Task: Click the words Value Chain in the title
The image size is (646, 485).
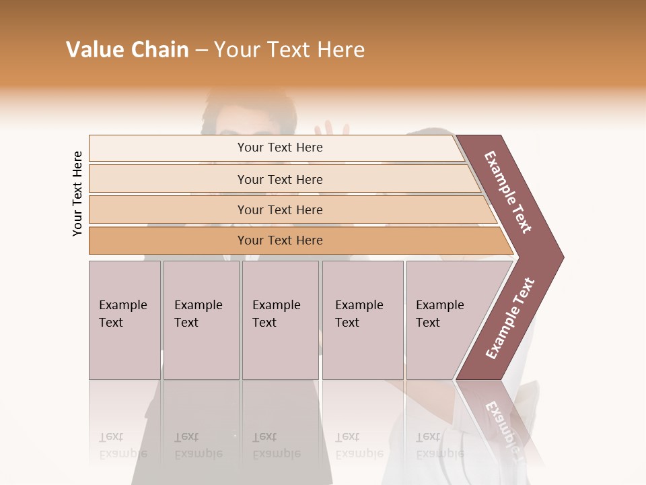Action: coord(127,50)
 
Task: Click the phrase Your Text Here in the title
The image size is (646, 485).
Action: coord(289,50)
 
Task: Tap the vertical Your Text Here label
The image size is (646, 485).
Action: coord(77,194)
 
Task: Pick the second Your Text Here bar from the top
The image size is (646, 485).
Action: coord(280,179)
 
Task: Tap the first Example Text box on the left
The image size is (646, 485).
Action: coord(124,320)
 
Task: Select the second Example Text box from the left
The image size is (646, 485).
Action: coord(201,320)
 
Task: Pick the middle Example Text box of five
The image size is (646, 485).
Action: coord(280,320)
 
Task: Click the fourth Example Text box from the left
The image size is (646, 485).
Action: coord(363,320)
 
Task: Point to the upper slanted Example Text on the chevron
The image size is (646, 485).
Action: coord(509,192)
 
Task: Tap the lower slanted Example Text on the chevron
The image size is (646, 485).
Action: coord(510,318)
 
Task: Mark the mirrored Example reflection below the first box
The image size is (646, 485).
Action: coord(123,453)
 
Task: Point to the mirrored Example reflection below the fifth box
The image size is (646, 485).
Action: coord(440,453)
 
